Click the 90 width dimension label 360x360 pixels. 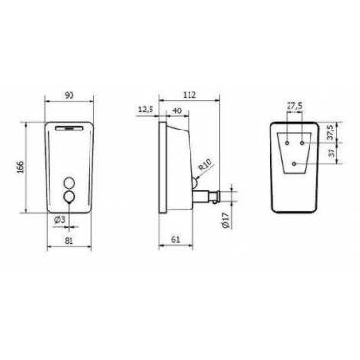point(69,95)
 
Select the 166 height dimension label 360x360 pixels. point(20,167)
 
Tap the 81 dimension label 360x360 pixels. point(69,241)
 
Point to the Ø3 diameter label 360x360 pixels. point(59,219)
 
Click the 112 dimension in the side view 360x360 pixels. point(190,95)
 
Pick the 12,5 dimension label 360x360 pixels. point(146,110)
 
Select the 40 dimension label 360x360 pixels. point(176,110)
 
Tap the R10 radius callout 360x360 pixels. point(205,165)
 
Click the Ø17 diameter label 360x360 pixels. point(225,220)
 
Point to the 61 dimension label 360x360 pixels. point(175,240)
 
